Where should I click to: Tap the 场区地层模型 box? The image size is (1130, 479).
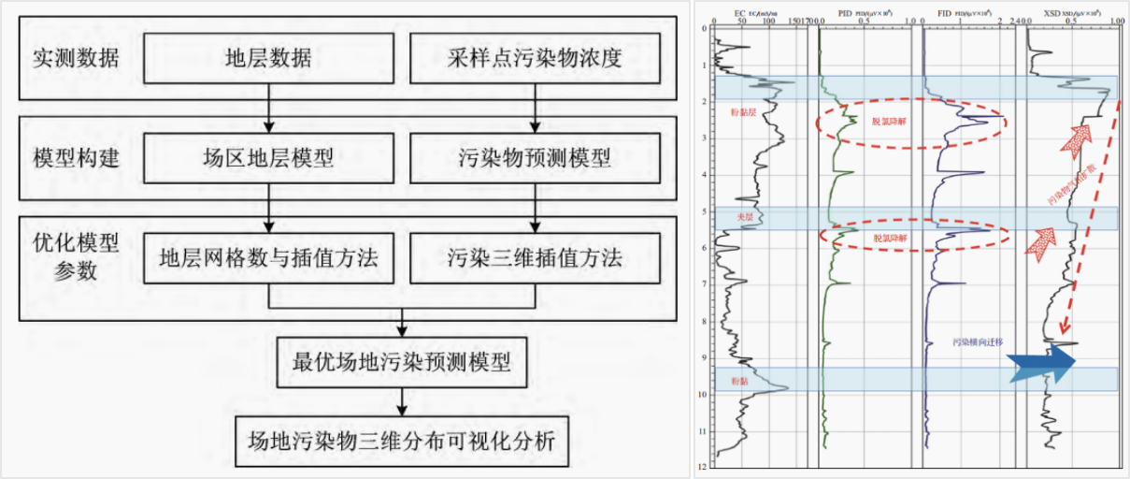coord(269,158)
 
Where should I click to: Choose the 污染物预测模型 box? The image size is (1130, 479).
coord(535,158)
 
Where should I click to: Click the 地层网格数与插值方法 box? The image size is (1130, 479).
coord(269,258)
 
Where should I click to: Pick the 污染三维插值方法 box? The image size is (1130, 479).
coord(535,258)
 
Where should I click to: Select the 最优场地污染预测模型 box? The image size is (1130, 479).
coord(403,360)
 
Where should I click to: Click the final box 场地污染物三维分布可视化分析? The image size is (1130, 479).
coord(403,439)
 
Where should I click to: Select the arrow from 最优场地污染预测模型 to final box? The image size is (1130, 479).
coord(403,399)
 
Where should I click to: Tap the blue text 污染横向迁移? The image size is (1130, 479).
coord(974,342)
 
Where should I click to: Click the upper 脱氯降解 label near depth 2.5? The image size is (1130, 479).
coord(889,122)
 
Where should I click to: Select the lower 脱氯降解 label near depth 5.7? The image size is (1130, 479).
coord(889,239)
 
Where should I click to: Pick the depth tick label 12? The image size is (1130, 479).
coord(703,465)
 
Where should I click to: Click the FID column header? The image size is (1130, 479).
coord(947,14)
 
